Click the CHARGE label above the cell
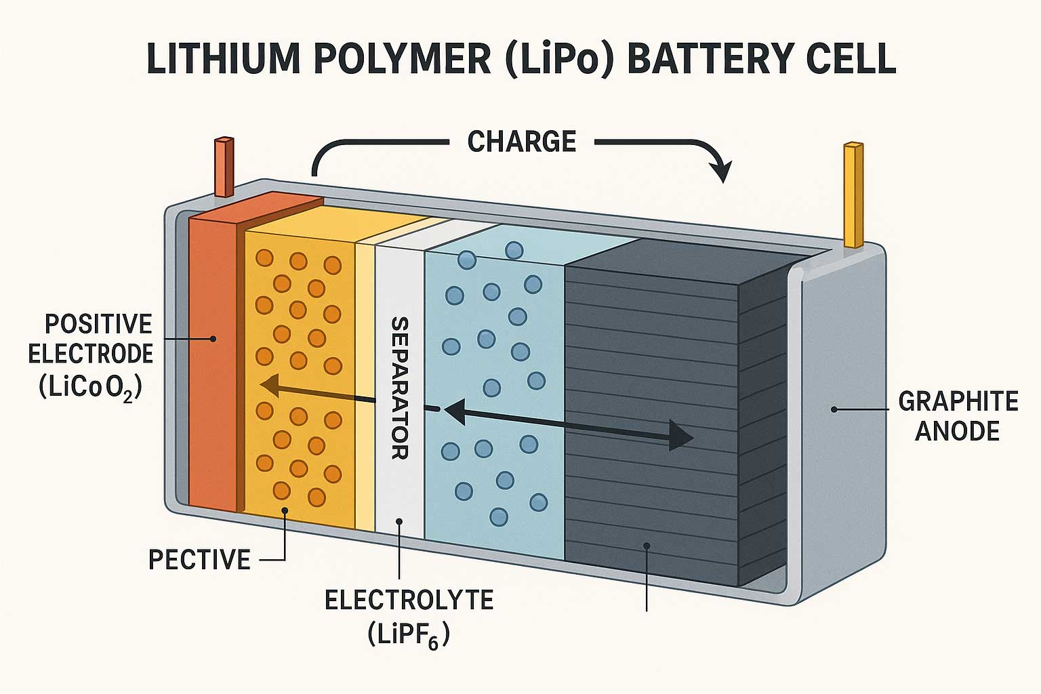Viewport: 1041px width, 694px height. (x=521, y=142)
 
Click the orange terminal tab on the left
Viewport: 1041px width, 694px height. (x=224, y=167)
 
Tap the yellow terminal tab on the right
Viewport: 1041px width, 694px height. (x=853, y=195)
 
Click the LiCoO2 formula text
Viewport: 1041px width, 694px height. (x=90, y=388)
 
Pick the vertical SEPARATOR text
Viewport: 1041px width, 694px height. (x=399, y=388)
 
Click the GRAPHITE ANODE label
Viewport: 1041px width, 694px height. (x=958, y=416)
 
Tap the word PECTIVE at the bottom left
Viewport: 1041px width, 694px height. (x=199, y=560)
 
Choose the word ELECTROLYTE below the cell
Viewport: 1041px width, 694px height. (x=409, y=600)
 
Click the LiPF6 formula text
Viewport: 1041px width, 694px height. (x=409, y=636)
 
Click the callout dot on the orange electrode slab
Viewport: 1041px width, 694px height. (x=213, y=338)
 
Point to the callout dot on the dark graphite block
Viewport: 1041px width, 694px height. (x=648, y=545)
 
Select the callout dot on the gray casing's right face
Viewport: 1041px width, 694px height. (x=834, y=409)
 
